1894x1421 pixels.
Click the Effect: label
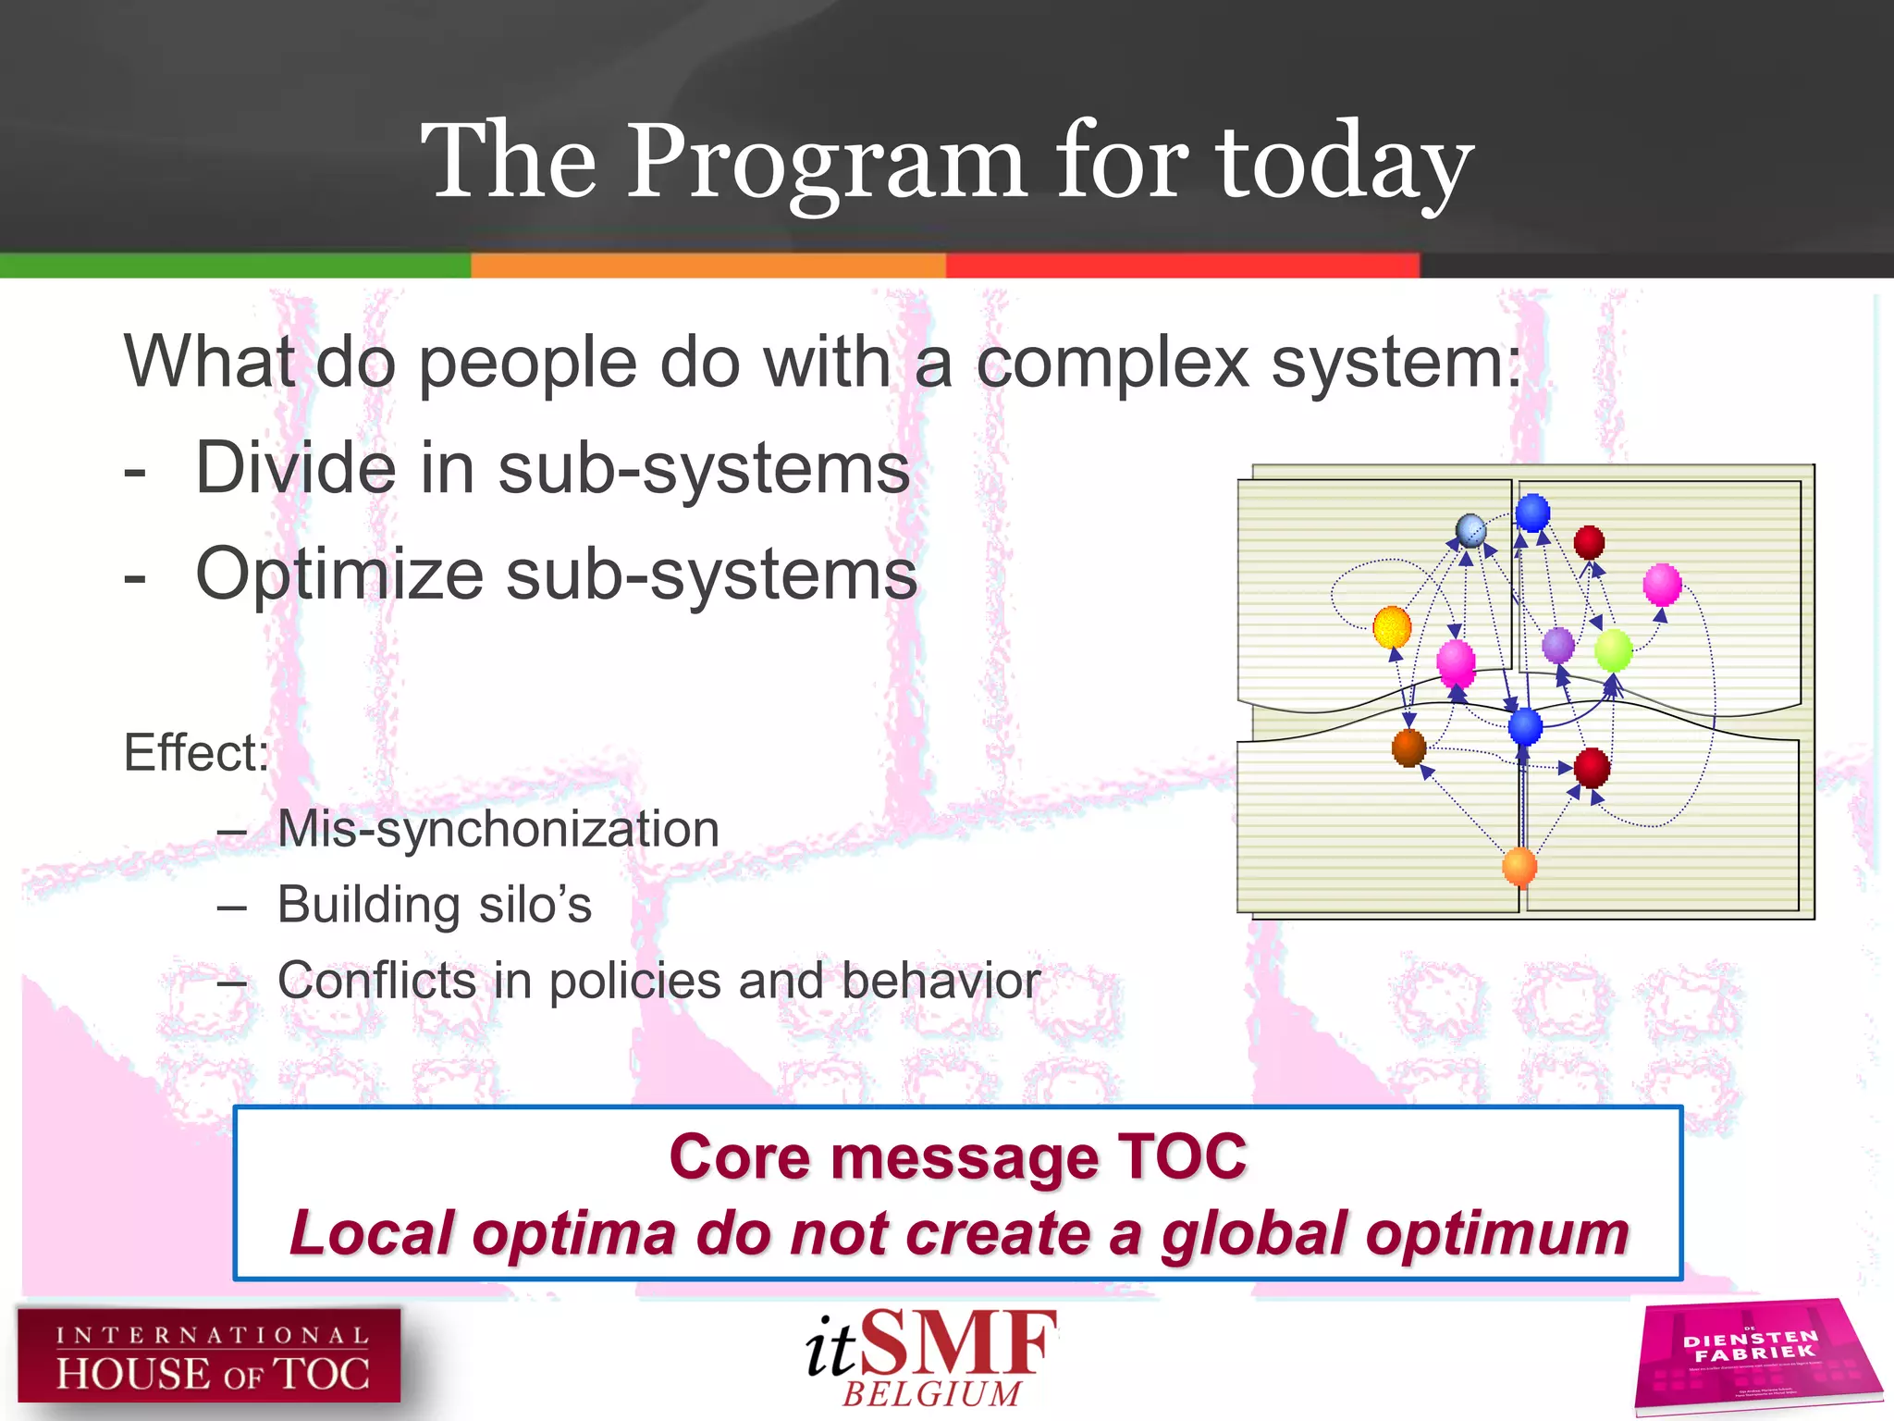[x=196, y=752]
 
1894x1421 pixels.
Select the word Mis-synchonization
[x=498, y=829]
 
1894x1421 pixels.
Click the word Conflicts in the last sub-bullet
[x=377, y=981]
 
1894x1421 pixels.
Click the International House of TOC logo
[x=209, y=1356]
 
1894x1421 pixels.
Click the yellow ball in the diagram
[x=1392, y=627]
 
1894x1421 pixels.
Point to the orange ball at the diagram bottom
[x=1519, y=867]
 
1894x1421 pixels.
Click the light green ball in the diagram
[x=1614, y=649]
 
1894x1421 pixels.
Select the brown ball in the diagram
[x=1408, y=748]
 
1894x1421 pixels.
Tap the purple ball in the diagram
[x=1558, y=645]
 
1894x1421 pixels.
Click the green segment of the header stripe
[x=235, y=266]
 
